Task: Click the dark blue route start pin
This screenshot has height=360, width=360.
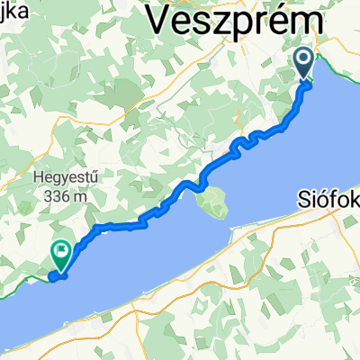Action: [x=304, y=64]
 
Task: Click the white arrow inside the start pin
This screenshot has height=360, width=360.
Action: [x=304, y=61]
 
